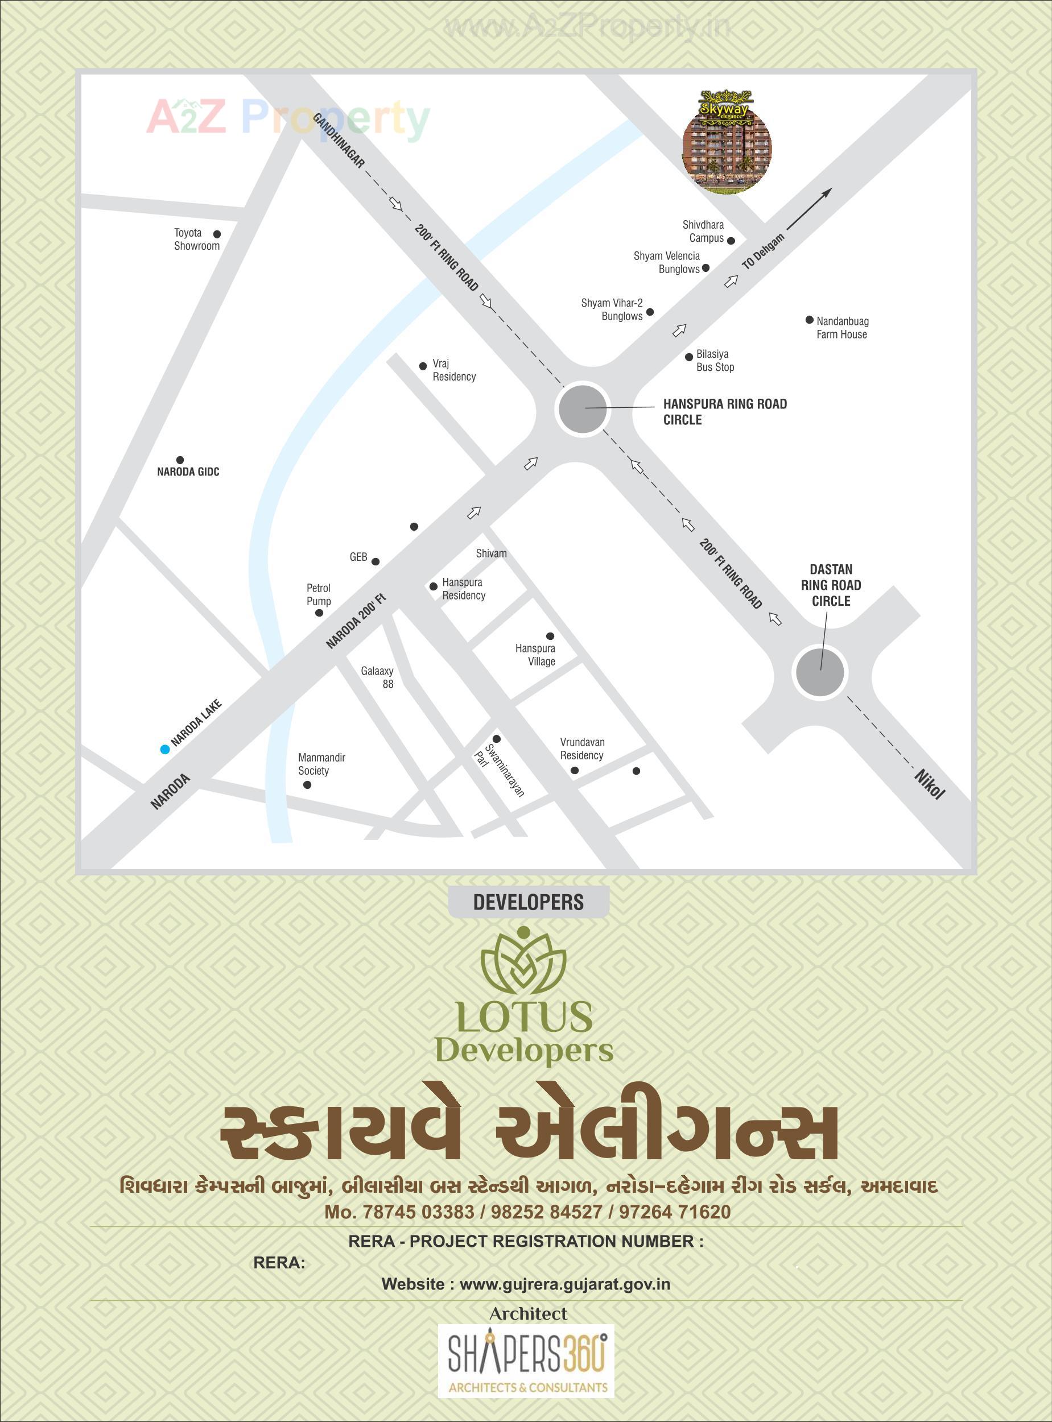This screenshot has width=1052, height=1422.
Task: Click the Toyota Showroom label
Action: pyautogui.click(x=197, y=239)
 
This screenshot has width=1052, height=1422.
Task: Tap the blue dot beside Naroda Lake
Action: pyautogui.click(x=165, y=749)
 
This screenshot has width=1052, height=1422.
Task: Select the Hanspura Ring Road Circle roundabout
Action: pyautogui.click(x=582, y=408)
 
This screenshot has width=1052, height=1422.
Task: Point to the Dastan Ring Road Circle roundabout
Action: pyautogui.click(x=819, y=672)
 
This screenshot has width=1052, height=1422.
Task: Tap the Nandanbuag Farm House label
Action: pyautogui.click(x=842, y=328)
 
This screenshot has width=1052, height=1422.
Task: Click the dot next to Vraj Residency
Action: pyautogui.click(x=423, y=366)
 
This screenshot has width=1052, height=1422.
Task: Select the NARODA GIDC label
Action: pyautogui.click(x=188, y=472)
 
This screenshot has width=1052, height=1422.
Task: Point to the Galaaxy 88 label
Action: pyautogui.click(x=378, y=677)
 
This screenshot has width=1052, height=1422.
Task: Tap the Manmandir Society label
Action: pyautogui.click(x=321, y=764)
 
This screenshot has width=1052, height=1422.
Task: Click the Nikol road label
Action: pyautogui.click(x=930, y=784)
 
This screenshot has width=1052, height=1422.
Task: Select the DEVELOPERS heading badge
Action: pyautogui.click(x=528, y=902)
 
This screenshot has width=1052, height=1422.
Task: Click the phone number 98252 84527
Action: pyautogui.click(x=546, y=1212)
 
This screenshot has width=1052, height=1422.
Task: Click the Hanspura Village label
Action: pyautogui.click(x=535, y=654)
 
